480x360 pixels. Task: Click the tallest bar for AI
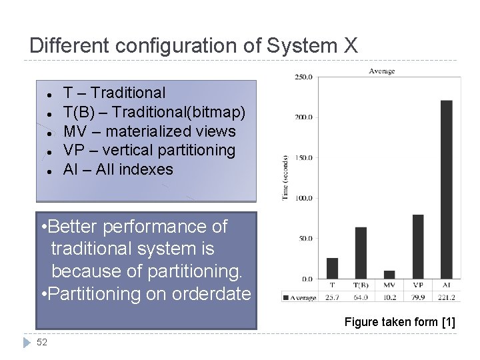pyautogui.click(x=447, y=189)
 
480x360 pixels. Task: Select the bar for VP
pyautogui.click(x=418, y=247)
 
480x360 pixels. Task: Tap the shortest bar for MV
pyautogui.click(x=389, y=275)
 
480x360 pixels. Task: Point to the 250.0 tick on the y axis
pyautogui.click(x=303, y=77)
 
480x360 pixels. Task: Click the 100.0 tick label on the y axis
pyautogui.click(x=303, y=198)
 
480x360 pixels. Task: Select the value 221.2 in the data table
pyautogui.click(x=447, y=297)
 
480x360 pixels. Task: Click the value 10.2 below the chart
pyautogui.click(x=389, y=297)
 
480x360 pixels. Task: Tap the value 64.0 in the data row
pyautogui.click(x=361, y=297)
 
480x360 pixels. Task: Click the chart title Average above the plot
pyautogui.click(x=381, y=71)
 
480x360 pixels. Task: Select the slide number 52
pyautogui.click(x=42, y=342)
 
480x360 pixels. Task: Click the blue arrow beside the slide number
pyautogui.click(x=27, y=342)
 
